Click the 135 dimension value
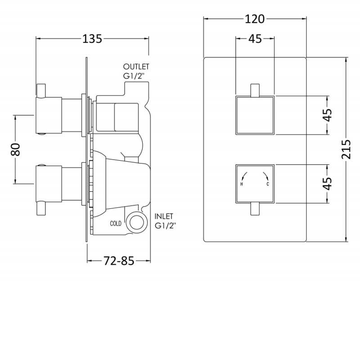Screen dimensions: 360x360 coord(92,39)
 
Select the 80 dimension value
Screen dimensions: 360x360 coord(16,149)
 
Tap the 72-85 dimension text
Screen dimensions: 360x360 coord(119,261)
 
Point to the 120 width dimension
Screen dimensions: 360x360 coord(255,19)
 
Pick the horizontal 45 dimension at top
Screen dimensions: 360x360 coord(255,39)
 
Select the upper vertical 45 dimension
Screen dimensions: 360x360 coord(328,115)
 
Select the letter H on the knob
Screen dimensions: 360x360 coord(242,184)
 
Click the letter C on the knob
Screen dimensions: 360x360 coord(267,184)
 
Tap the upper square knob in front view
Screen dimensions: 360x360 coord(255,115)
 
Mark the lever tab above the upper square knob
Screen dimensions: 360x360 coord(255,90)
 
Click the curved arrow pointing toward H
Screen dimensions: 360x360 coord(244,176)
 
